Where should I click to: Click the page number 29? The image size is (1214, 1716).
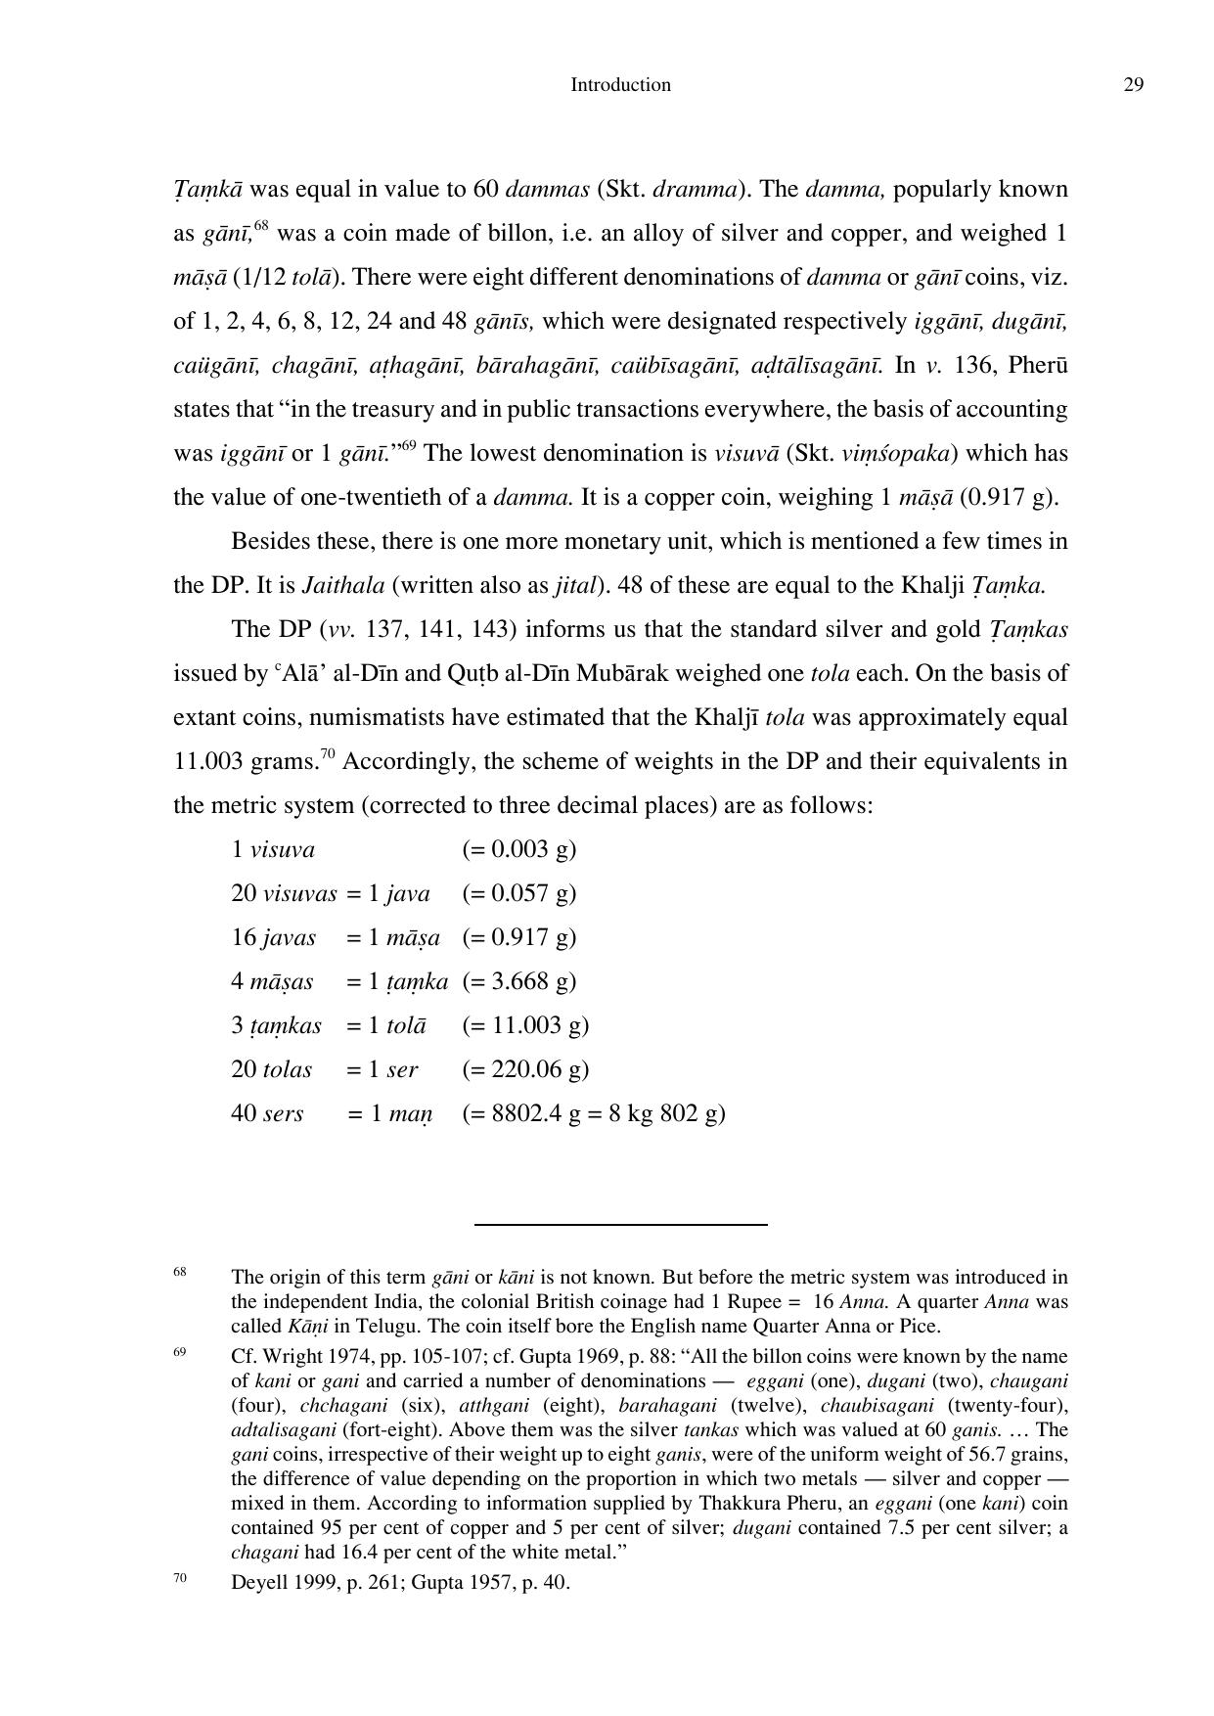click(x=1133, y=85)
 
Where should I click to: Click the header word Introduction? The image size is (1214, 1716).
click(x=620, y=85)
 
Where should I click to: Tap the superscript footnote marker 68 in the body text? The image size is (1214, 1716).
click(x=261, y=227)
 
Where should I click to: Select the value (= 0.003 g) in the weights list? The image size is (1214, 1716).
click(x=518, y=849)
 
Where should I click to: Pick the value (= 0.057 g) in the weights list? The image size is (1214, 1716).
click(x=518, y=893)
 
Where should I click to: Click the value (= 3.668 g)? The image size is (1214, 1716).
click(x=518, y=981)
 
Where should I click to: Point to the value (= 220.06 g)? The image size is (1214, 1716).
click(x=525, y=1069)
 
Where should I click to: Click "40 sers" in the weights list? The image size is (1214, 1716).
click(x=267, y=1113)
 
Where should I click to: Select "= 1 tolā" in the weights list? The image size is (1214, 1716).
click(x=386, y=1025)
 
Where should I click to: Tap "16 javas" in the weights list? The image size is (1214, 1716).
click(x=273, y=937)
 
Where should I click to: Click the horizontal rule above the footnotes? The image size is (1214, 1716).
click(x=620, y=1224)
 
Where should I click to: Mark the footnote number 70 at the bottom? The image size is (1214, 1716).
click(x=180, y=1577)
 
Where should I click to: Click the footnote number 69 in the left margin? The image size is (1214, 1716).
click(x=180, y=1352)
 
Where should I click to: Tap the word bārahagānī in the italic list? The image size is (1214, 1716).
click(x=537, y=365)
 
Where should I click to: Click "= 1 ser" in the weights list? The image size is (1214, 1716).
click(x=382, y=1069)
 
